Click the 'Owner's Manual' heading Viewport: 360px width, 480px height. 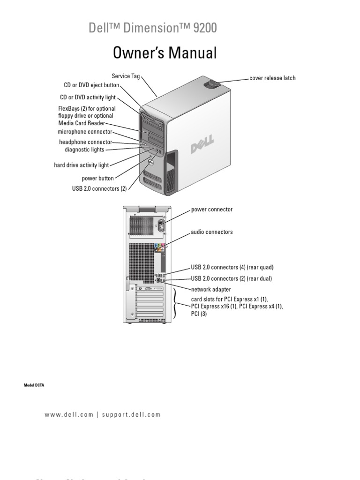(165, 53)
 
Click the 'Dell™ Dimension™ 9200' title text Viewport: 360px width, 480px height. (153, 29)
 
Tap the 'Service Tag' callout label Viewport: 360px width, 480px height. (126, 75)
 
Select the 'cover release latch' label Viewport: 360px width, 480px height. (272, 78)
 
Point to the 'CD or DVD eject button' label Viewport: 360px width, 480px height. (91, 85)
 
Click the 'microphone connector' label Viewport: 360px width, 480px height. (85, 132)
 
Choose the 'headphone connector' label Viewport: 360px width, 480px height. (85, 142)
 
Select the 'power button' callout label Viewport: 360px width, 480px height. (97, 179)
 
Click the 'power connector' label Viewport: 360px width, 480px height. (211, 210)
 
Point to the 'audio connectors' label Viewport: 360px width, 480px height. (211, 232)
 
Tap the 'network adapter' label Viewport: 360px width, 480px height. (211, 290)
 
